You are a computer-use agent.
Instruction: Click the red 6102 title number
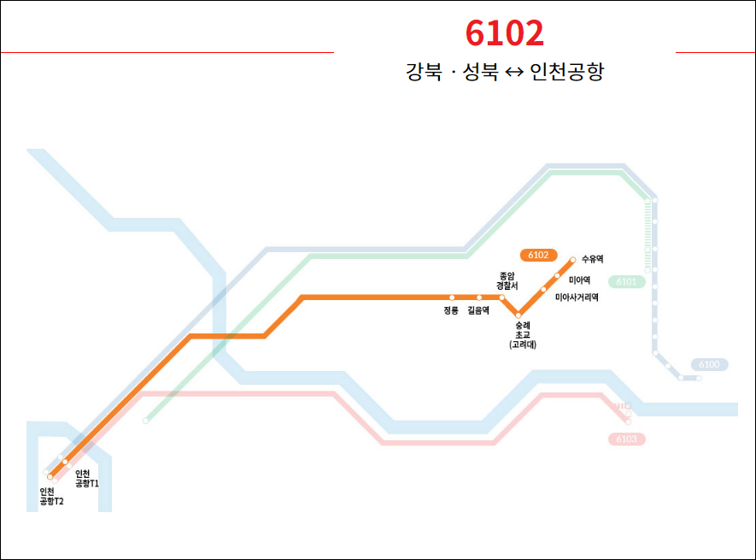pos(505,33)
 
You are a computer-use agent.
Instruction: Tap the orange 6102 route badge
pos(538,255)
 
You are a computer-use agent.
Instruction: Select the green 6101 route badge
pos(626,281)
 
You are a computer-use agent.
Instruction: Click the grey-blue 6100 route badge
pos(709,365)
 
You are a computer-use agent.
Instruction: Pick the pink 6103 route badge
pos(626,439)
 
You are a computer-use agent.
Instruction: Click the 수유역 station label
pos(592,258)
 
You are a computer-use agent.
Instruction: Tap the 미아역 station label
pos(579,280)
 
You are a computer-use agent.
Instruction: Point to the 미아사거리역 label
pos(577,298)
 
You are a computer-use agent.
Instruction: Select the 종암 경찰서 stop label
pos(507,280)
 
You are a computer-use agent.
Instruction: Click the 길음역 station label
pos(478,311)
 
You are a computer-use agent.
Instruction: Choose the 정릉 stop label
pos(451,311)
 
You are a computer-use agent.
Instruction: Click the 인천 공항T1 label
pos(87,479)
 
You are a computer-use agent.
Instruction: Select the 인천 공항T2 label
pos(51,497)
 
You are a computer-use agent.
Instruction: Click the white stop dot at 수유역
pos(573,258)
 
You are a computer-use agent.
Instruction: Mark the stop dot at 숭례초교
pos(518,315)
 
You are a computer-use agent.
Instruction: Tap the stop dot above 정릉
pos(453,298)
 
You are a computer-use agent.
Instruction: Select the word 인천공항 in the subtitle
pos(566,72)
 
